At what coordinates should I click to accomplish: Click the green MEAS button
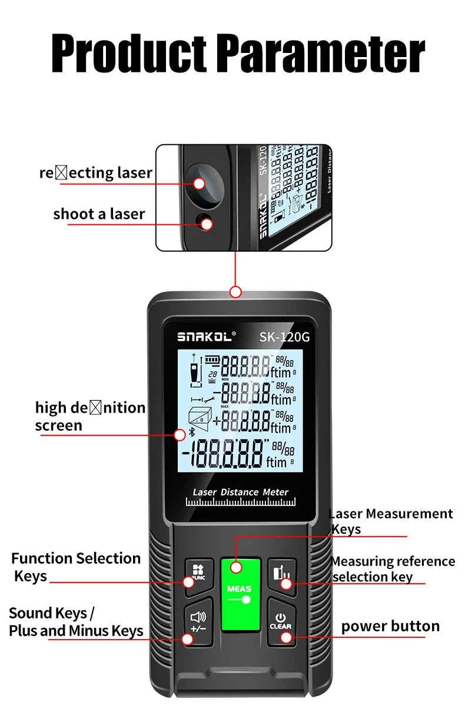(240, 594)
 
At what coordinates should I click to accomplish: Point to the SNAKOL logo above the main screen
(206, 337)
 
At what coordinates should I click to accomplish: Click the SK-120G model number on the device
(284, 337)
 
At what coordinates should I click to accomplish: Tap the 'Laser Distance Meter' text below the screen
(241, 492)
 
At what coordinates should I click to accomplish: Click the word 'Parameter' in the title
(321, 54)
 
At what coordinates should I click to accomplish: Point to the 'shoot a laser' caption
(99, 214)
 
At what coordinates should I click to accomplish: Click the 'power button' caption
(390, 626)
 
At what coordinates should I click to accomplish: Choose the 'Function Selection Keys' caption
(76, 566)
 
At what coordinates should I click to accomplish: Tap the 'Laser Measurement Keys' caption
(391, 521)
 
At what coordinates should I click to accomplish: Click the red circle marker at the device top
(235, 291)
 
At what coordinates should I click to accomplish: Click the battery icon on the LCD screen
(211, 358)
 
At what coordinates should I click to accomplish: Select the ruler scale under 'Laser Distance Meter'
(241, 502)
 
